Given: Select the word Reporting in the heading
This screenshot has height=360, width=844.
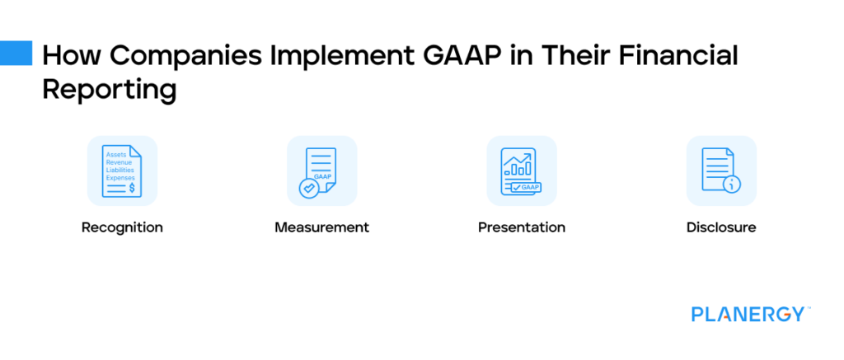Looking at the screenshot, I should [110, 89].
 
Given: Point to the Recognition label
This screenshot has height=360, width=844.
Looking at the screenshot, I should [122, 227].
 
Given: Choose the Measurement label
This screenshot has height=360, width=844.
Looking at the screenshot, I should [321, 227].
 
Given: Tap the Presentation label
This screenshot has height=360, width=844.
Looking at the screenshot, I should [522, 227].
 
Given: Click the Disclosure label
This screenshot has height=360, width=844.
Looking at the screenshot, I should [721, 227].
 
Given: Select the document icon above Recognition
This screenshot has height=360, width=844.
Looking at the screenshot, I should [122, 171].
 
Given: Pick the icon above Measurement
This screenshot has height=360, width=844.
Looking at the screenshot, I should [321, 171].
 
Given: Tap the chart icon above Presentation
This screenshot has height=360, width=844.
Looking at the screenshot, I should [522, 171].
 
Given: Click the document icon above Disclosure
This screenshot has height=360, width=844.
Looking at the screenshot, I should [721, 171].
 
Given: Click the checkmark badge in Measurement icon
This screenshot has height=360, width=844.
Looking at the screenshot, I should [308, 188].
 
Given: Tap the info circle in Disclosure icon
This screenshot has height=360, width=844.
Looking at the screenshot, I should [731, 185].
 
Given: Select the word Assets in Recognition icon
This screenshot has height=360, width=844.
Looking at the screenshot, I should [116, 154].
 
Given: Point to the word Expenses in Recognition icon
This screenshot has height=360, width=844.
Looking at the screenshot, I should [120, 177].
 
